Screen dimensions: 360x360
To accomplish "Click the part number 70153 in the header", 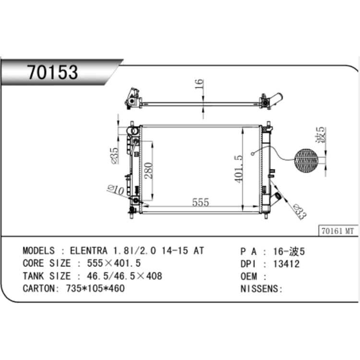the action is click(53, 72).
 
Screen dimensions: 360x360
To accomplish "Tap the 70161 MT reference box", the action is click(338, 231).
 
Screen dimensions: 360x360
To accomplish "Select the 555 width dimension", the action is click(201, 202).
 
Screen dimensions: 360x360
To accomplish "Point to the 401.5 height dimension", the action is click(239, 169).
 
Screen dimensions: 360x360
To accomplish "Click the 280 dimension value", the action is click(149, 170).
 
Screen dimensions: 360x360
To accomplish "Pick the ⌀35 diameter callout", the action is click(115, 156).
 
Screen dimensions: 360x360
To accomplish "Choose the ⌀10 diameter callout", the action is click(116, 190).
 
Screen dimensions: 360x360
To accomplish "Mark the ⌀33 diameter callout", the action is click(300, 212).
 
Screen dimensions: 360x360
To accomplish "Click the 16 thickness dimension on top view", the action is click(199, 84).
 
